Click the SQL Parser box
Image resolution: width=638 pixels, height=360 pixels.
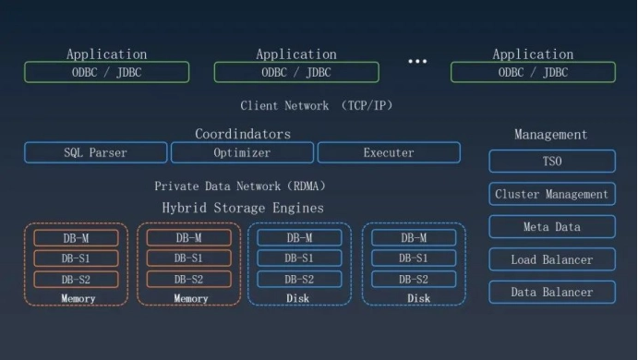coord(95,152)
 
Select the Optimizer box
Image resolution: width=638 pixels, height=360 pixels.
coord(242,152)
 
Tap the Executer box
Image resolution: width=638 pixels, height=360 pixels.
coord(389,152)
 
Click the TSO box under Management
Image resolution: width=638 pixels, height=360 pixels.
coord(551,162)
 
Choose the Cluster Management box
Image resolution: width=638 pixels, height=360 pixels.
coord(551,194)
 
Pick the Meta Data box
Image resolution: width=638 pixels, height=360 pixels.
coord(551,227)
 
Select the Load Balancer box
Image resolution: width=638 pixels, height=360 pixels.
coord(551,259)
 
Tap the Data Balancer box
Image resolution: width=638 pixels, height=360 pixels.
coord(551,293)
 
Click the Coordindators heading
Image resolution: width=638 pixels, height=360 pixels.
coord(242,134)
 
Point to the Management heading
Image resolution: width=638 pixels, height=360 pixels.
coord(550,135)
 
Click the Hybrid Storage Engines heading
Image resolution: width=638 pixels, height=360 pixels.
coord(243,208)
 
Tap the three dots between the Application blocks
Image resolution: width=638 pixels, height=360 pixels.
coord(417,62)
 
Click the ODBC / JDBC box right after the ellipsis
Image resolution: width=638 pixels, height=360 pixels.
coord(533,72)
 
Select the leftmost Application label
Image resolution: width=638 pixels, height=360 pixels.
coord(106,54)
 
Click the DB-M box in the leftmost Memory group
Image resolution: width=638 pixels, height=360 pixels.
coord(77,237)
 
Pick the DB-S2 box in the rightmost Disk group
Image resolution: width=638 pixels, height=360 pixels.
coord(414,279)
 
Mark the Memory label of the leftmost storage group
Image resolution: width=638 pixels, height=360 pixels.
coord(78,298)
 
